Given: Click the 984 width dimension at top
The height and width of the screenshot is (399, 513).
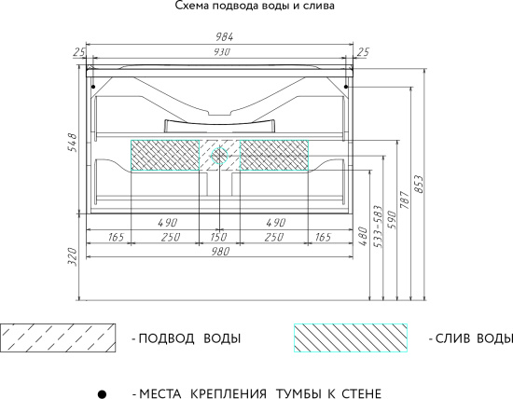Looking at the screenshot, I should [x=220, y=37].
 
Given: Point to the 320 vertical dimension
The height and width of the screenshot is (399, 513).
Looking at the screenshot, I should [x=72, y=258].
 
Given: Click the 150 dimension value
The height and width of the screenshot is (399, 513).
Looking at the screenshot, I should [x=220, y=238].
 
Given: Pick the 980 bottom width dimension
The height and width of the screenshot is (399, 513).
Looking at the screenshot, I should [x=220, y=253].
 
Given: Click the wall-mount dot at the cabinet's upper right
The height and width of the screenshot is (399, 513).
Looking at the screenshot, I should [x=347, y=87].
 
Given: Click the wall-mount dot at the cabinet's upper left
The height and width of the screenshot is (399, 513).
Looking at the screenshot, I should [x=92, y=87].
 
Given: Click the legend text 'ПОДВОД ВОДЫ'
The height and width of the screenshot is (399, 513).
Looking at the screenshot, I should [x=187, y=337].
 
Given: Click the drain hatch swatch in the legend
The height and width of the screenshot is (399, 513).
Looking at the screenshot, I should [x=351, y=337].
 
